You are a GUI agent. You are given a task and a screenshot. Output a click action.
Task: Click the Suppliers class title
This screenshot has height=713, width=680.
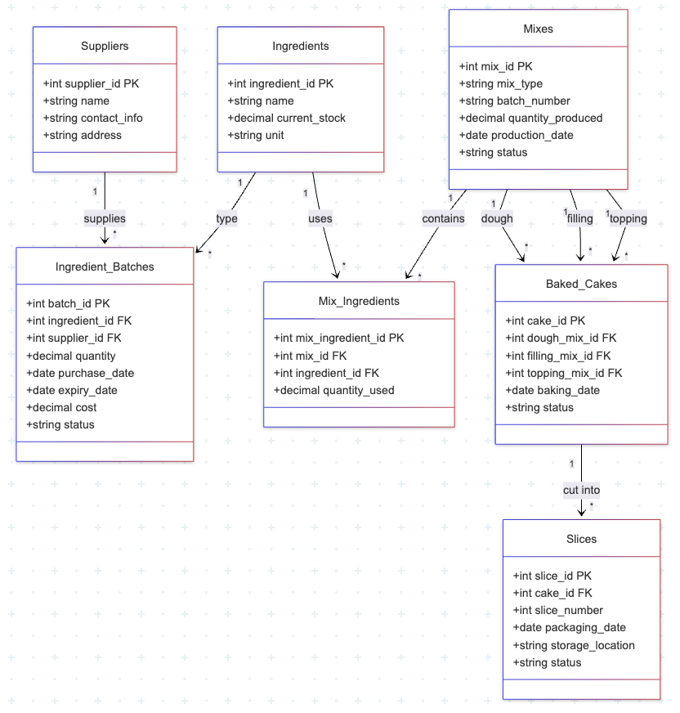105,46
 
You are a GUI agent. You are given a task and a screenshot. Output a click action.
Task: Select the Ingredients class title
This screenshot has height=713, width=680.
300,46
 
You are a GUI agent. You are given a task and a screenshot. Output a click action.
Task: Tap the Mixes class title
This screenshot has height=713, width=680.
538,29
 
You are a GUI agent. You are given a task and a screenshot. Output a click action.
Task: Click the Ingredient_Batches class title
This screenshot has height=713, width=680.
105,267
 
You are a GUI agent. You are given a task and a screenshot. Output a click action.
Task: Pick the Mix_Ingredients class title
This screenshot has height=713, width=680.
359,301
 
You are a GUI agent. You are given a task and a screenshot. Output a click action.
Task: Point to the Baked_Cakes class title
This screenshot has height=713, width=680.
581,284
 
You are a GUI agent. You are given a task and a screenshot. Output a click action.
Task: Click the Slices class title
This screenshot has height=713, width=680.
581,539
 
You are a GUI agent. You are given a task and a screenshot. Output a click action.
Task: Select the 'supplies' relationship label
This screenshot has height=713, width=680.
105,218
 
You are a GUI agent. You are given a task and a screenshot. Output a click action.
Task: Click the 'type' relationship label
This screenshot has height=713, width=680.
226,218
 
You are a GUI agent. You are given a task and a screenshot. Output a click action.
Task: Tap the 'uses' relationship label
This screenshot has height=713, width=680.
320,218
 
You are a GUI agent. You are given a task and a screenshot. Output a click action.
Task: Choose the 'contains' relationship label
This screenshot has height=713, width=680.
443,218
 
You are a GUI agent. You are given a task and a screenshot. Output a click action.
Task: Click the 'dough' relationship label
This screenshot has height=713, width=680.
497,218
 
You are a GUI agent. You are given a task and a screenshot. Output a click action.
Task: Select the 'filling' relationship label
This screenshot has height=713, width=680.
579,218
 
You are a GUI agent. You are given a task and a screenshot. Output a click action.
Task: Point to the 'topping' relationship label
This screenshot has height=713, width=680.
628,218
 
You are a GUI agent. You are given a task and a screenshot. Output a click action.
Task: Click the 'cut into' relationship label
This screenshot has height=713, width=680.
581,490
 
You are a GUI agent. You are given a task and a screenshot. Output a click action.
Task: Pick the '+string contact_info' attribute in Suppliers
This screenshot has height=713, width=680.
92,118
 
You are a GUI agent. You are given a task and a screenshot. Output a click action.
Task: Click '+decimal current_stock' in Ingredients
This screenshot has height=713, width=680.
286,118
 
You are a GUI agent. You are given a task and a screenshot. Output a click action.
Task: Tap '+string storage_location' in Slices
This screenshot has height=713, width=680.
573,645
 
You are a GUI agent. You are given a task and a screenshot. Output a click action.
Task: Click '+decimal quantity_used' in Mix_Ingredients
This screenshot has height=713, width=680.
333,390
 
